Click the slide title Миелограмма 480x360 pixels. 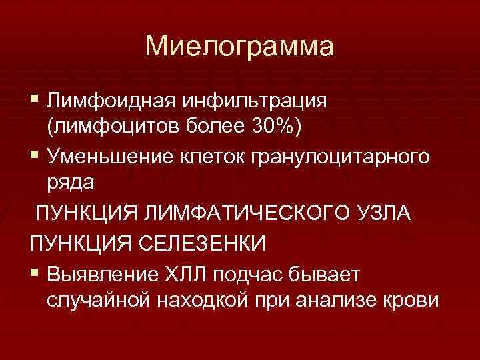click(240, 47)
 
